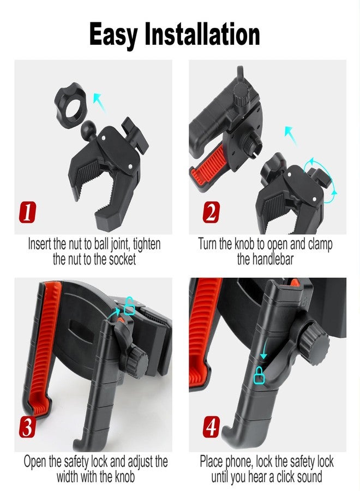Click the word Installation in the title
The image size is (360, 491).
pos(202,34)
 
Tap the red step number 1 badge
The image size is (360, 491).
pos(27,212)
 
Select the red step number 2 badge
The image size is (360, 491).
pos(211,212)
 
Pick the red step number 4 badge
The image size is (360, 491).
pos(211,427)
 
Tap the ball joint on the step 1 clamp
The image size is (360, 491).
pos(88,129)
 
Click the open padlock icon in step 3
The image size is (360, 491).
pos(130,306)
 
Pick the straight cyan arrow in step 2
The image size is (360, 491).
pos(291,135)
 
